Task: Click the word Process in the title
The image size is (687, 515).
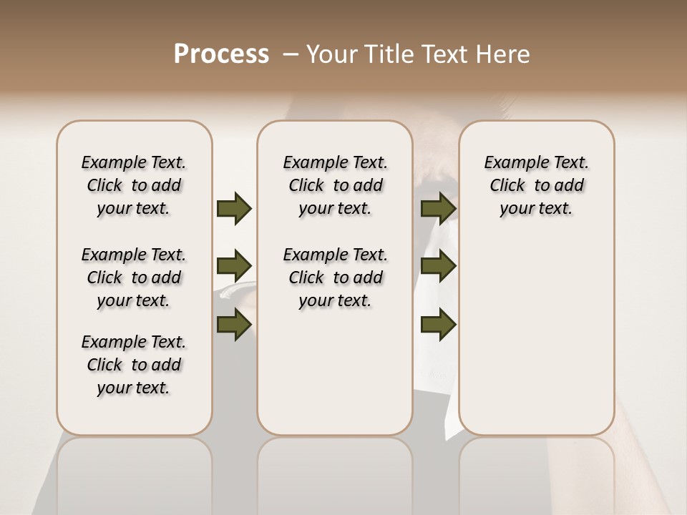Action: coord(221,54)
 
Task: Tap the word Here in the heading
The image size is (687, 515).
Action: coord(504,54)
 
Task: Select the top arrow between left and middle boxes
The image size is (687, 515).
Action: coord(234,209)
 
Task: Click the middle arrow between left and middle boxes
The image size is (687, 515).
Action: coord(234,266)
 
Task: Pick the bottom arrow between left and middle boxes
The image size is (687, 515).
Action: coord(234,325)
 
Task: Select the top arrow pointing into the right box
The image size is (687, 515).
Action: coord(439,209)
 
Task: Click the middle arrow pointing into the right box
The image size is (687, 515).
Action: coord(439,266)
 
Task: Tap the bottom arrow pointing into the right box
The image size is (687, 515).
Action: coord(439,325)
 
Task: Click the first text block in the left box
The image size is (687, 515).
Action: coord(134,185)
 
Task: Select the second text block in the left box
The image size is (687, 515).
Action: coord(134,278)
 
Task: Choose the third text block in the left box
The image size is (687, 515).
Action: coord(134,365)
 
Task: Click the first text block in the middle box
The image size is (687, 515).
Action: coord(335,185)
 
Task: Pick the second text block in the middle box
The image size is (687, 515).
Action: coord(335,278)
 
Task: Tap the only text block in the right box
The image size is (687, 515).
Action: coord(536,185)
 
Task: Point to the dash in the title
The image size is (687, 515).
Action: coord(291,54)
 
